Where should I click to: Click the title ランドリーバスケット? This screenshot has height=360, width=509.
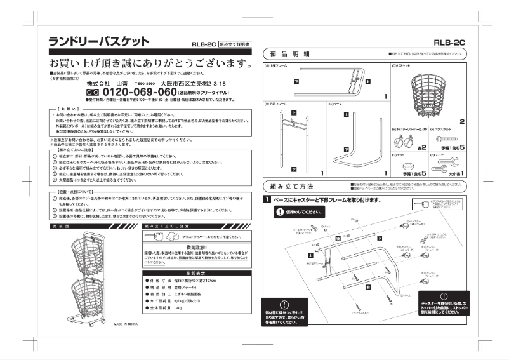[99, 42]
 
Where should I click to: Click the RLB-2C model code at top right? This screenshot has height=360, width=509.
[449, 43]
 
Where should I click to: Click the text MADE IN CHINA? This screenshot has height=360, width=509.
[126, 323]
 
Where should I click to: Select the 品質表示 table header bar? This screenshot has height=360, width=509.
[188, 272]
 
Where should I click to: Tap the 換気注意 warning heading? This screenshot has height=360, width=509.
[188, 247]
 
